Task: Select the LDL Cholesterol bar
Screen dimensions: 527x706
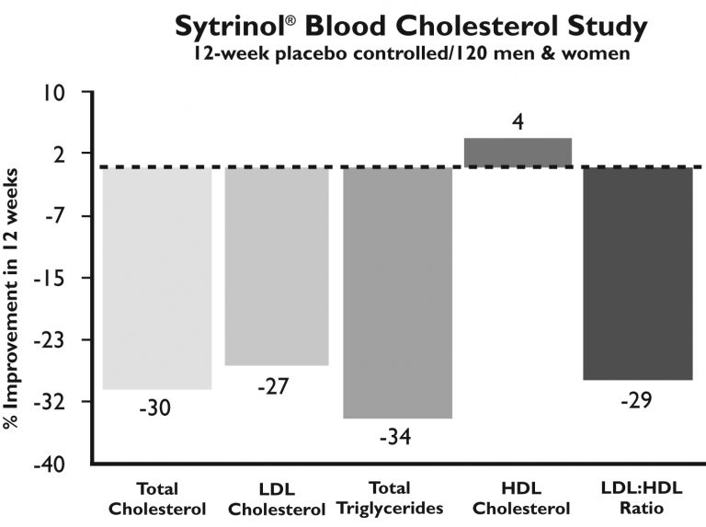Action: tap(277, 267)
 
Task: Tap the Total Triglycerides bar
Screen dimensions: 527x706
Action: tap(397, 292)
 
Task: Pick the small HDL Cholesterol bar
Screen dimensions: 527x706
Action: tap(518, 153)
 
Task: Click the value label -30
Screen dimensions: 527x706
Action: tap(155, 407)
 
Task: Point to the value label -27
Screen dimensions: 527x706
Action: tap(273, 385)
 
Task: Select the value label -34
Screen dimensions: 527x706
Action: tap(395, 436)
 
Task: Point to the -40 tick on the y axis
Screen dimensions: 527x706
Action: tap(51, 464)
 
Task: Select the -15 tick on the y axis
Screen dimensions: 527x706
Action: tap(52, 278)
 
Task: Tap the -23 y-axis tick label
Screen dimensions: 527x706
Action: tap(52, 340)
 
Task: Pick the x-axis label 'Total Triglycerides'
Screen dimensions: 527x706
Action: tap(393, 498)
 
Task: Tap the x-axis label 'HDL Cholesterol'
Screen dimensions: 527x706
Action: tap(518, 498)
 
